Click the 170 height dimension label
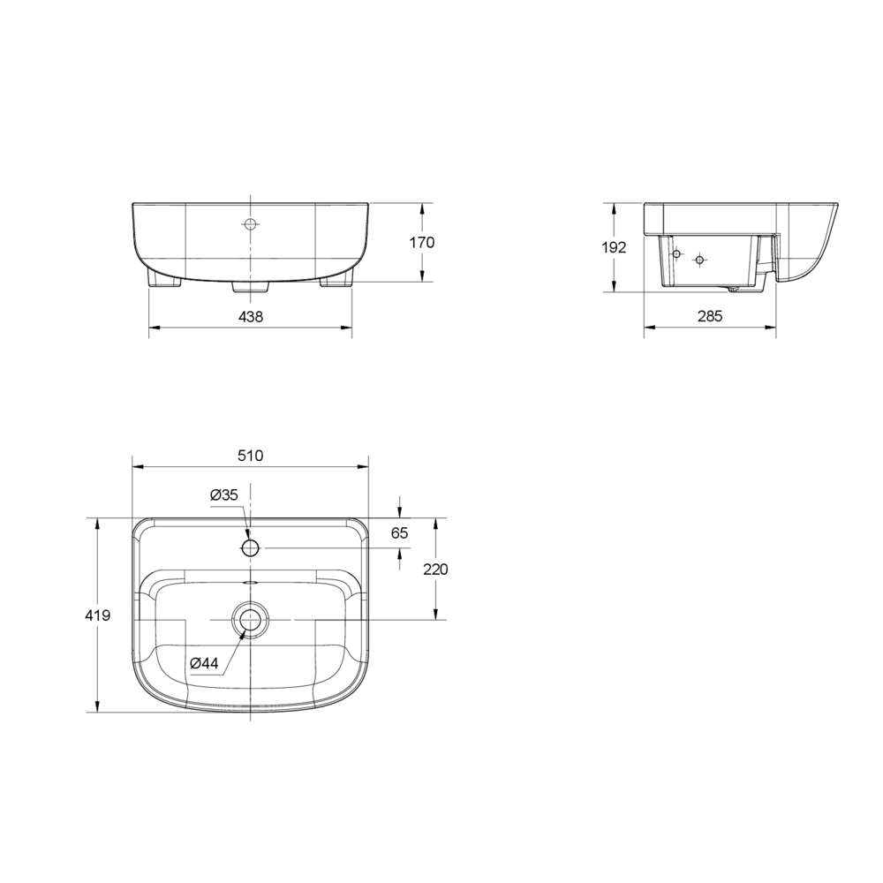pos(422,243)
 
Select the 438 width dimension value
pos(251,317)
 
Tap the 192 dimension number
pos(614,247)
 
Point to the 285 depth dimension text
pos(710,316)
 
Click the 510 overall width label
pos(251,456)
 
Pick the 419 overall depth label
pos(97,615)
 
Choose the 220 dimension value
pos(436,570)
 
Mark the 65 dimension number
pos(399,532)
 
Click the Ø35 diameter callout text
pos(224,495)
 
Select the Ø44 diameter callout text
pos(204,663)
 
